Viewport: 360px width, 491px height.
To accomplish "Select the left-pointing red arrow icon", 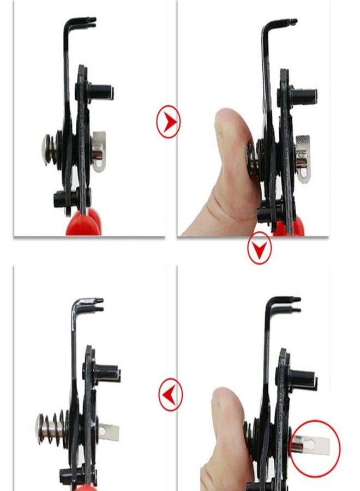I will [x=170, y=393].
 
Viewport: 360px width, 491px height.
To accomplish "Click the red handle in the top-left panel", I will [x=83, y=221].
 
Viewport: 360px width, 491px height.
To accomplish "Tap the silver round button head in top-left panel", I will [x=46, y=149].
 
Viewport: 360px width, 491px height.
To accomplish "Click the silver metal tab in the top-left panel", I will [x=99, y=152].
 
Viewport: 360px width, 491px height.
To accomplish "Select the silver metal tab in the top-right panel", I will [x=303, y=158].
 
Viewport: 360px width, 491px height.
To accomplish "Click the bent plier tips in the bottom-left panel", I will [x=96, y=303].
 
